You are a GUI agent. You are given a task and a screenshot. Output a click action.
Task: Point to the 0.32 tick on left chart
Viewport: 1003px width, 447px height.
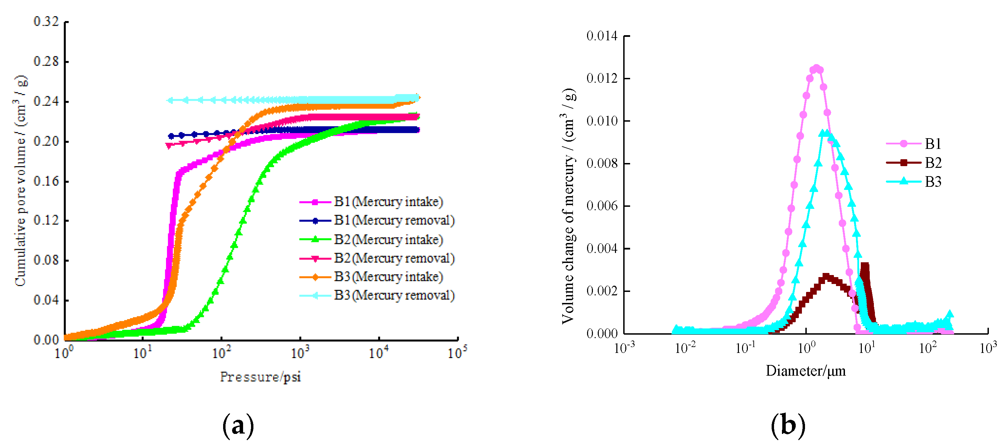pyautogui.click(x=46, y=21)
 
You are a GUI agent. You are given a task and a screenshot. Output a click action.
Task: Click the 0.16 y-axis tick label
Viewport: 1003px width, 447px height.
pyautogui.click(x=46, y=181)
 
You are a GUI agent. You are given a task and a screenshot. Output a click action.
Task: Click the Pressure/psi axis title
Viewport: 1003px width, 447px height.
pyautogui.click(x=260, y=377)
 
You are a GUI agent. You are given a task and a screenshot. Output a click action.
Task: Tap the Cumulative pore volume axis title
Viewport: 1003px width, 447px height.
pyautogui.click(x=20, y=181)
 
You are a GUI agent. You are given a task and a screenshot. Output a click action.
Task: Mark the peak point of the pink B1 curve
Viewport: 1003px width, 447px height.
pyautogui.click(x=816, y=68)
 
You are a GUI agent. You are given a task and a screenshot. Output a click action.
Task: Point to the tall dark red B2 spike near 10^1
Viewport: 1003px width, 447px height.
pyautogui.click(x=865, y=267)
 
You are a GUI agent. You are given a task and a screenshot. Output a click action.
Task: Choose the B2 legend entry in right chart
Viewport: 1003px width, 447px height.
pyautogui.click(x=933, y=163)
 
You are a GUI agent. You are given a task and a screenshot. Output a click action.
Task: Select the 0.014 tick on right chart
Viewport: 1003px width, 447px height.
pyautogui.click(x=602, y=36)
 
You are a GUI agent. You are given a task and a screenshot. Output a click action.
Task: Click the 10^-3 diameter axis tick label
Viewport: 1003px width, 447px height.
pyautogui.click(x=624, y=348)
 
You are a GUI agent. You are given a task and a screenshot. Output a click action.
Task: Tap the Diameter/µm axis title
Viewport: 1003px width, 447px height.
pyautogui.click(x=805, y=370)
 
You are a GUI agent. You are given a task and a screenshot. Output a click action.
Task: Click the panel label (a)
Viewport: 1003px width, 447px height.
pyautogui.click(x=238, y=426)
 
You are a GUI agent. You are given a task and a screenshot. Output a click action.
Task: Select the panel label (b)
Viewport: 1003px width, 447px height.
pyautogui.click(x=788, y=425)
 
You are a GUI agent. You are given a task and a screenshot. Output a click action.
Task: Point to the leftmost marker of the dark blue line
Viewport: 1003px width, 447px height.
pyautogui.click(x=171, y=136)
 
